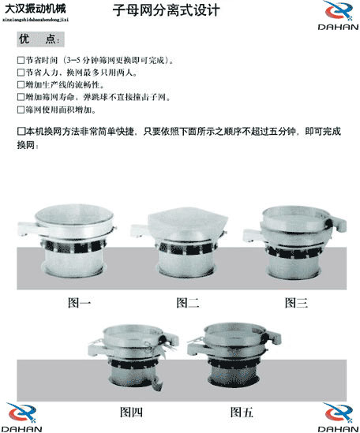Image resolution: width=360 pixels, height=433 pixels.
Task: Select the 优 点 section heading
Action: (x=41, y=39)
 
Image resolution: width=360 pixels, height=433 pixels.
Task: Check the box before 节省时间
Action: (x=21, y=60)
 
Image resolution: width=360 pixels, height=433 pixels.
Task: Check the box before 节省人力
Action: (x=21, y=73)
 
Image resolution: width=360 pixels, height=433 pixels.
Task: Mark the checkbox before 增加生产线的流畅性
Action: (x=21, y=84)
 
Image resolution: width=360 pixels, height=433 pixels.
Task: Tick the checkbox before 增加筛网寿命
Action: (x=21, y=97)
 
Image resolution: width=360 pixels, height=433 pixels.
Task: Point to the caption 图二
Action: (x=187, y=303)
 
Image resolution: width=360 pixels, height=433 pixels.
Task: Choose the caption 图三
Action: (x=296, y=303)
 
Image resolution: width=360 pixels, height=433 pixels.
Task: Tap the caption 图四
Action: (x=131, y=411)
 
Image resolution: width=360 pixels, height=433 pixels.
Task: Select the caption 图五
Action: (x=242, y=411)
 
